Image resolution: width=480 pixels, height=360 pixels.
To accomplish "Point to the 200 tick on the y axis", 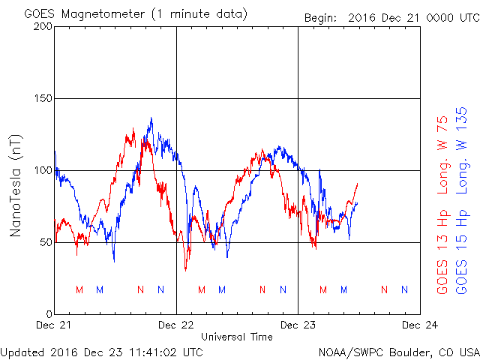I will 43,26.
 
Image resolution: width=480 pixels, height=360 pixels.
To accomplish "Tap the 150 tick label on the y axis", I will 43,98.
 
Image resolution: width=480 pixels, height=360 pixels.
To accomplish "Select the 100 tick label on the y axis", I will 43,170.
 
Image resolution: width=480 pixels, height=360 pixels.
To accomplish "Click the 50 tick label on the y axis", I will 45,242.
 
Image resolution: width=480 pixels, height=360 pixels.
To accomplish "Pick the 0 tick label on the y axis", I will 48,314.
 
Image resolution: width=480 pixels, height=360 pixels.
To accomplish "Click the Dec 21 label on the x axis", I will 55,325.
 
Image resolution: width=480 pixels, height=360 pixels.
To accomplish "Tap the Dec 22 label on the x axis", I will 176,325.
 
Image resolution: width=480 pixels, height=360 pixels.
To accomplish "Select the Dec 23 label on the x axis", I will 298,325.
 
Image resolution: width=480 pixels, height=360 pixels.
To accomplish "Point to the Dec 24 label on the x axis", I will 420,325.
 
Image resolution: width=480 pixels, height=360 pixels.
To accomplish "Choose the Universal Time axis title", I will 237,337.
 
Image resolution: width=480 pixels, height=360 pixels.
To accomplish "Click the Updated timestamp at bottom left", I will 102,351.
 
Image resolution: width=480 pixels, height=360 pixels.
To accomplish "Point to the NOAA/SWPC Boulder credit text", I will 398,351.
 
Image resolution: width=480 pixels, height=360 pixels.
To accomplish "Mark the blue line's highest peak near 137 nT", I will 151,118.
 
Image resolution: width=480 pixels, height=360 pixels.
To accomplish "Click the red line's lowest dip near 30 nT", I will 186,270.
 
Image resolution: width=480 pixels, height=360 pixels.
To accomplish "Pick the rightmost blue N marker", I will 405,289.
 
